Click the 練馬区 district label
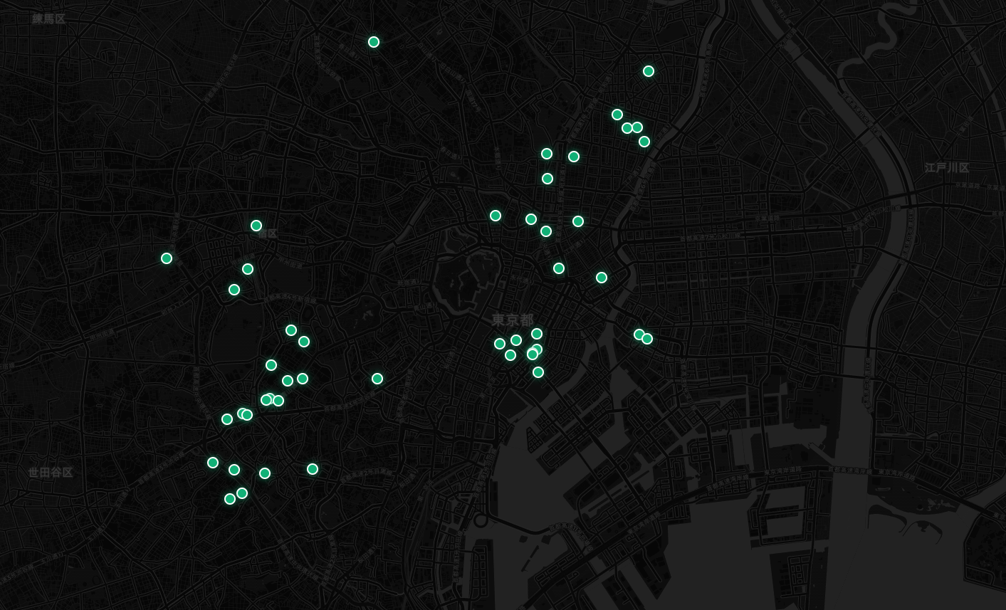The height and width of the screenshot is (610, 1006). [48, 19]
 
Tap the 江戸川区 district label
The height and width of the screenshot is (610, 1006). [947, 168]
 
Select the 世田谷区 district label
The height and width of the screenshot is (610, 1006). [51, 473]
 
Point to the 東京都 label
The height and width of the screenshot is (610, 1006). [513, 320]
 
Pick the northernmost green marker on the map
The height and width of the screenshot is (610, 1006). [374, 42]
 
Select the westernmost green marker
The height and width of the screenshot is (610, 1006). [167, 258]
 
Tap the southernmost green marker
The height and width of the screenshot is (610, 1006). [230, 499]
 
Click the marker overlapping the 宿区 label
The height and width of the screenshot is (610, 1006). [256, 226]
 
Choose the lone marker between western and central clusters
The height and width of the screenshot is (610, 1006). [377, 379]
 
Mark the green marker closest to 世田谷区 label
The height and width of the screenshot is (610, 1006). [213, 463]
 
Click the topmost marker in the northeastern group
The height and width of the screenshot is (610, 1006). [649, 71]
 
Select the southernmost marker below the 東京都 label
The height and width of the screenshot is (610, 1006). [538, 372]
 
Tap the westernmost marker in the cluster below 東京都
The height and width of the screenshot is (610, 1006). [500, 344]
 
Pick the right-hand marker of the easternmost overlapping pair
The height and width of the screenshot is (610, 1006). [647, 339]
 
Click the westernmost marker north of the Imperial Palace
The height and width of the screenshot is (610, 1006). [496, 216]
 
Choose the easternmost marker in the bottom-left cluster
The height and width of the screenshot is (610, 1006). [313, 469]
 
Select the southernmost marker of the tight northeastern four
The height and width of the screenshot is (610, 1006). [644, 142]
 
